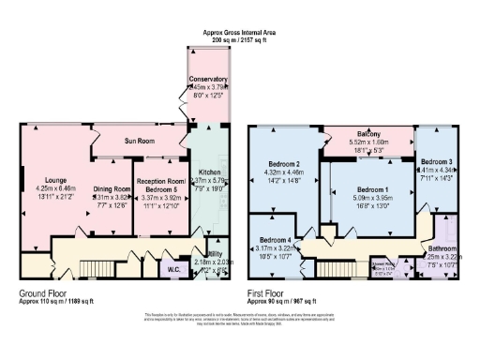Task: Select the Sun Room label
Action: (x=138, y=141)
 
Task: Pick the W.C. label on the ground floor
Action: (x=173, y=270)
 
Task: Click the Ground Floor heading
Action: (x=43, y=292)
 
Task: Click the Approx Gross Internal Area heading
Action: (x=240, y=32)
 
